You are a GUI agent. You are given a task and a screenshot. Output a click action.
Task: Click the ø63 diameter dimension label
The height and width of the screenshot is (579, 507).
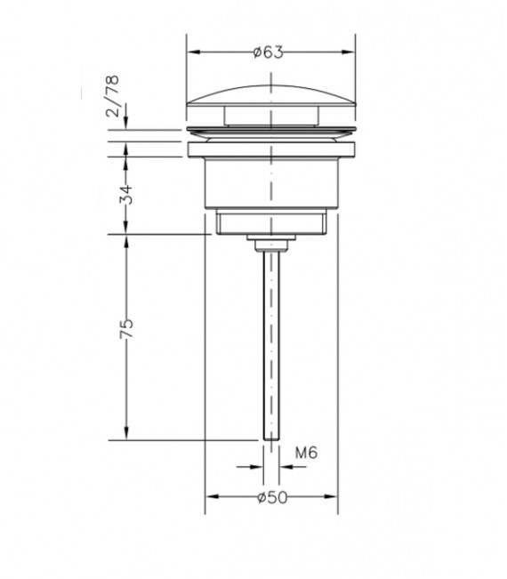pyautogui.click(x=269, y=52)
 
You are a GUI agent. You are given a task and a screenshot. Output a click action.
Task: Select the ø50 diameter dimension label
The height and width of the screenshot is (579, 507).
pyautogui.click(x=272, y=497)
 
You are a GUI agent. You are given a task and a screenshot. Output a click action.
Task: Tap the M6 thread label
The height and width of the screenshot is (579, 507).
pyautogui.click(x=306, y=453)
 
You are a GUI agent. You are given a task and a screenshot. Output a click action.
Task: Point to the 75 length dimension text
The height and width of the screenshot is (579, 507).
pyautogui.click(x=126, y=329)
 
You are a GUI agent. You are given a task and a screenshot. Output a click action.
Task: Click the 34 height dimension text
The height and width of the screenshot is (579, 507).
pyautogui.click(x=126, y=194)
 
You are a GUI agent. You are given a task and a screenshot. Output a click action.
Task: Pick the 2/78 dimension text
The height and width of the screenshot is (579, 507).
pyautogui.click(x=112, y=96)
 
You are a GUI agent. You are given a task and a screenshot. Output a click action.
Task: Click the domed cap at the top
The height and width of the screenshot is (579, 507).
pyautogui.click(x=271, y=97)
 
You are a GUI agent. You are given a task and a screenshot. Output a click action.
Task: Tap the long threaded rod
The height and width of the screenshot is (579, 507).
pyautogui.click(x=271, y=345)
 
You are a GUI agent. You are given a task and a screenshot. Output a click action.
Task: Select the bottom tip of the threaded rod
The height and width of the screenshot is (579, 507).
pyautogui.click(x=271, y=439)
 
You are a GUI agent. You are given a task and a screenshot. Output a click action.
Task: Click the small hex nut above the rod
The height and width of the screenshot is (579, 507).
pyautogui.click(x=271, y=246)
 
